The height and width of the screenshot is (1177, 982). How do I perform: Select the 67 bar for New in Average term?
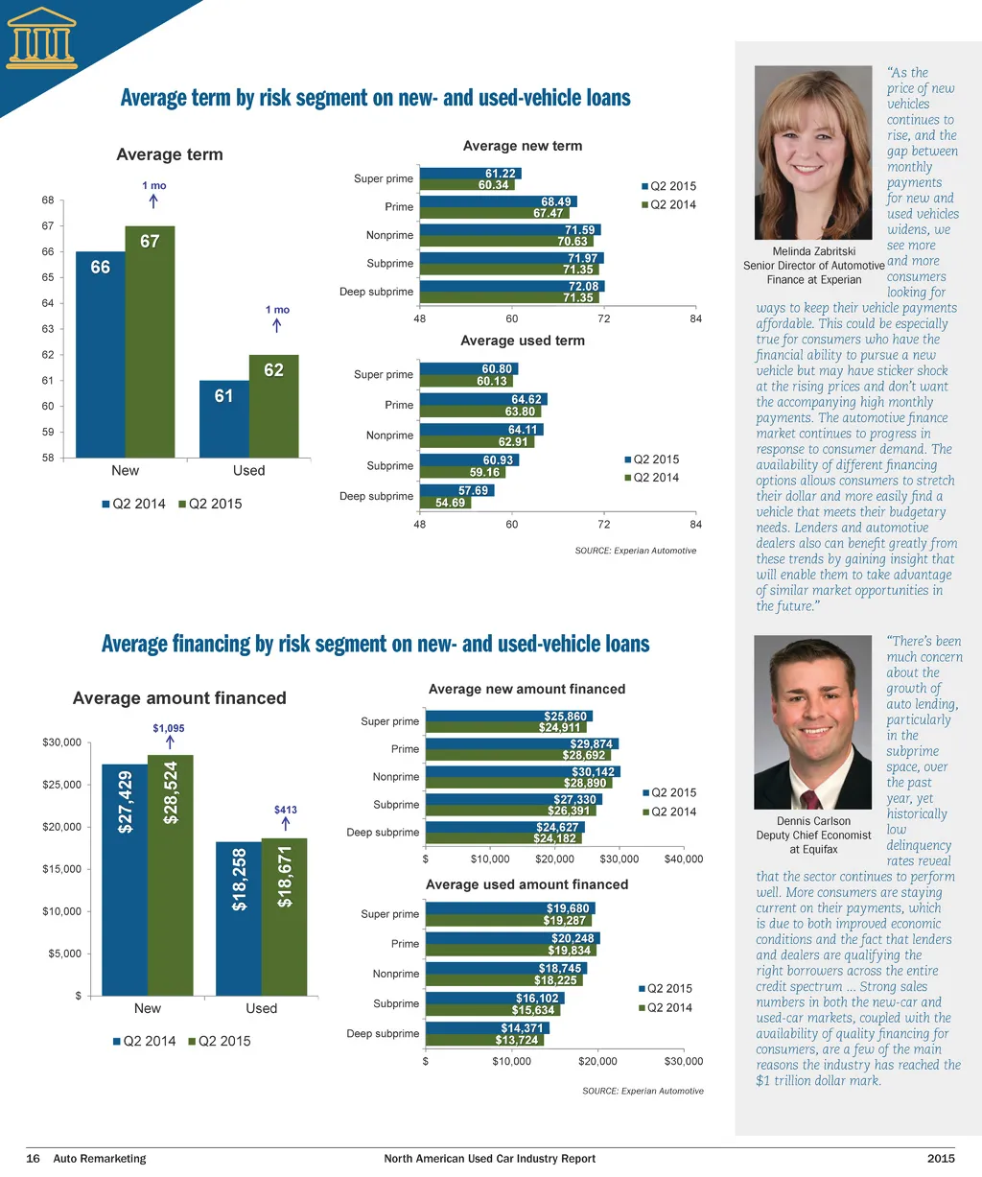point(150,341)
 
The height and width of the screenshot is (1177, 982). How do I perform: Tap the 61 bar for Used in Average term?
point(224,419)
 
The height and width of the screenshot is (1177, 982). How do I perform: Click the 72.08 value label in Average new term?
point(583,287)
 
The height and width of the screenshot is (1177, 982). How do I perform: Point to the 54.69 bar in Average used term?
point(446,503)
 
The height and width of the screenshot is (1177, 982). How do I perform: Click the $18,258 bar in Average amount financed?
point(239,918)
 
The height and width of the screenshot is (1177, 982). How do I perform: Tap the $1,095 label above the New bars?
point(169,729)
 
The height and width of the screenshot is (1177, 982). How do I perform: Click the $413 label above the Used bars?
point(286,811)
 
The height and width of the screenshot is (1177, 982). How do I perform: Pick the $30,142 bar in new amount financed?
point(523,772)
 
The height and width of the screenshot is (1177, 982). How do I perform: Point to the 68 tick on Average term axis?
point(48,200)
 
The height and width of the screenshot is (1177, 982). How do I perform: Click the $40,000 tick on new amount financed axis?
point(683,859)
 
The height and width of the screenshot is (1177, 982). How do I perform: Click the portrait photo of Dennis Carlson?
point(813,724)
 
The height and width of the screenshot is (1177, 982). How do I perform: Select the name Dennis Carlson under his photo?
point(813,821)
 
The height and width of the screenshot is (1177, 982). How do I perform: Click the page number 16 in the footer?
point(33,1159)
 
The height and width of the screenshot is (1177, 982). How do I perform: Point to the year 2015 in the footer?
point(941,1159)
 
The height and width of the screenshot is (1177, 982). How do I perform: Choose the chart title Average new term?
point(523,146)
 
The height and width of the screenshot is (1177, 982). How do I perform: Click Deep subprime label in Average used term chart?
point(376,497)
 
